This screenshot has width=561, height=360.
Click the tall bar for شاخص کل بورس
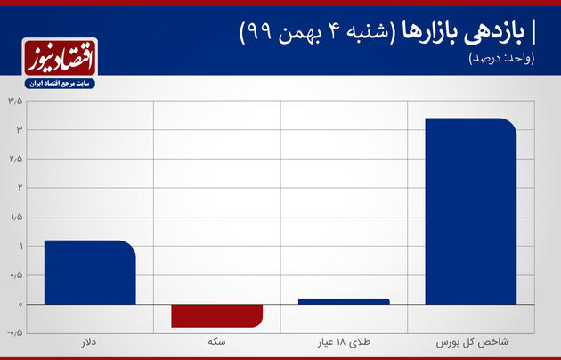tap(471, 211)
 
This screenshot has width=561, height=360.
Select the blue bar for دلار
tap(90, 273)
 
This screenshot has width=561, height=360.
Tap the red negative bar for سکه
tap(216, 316)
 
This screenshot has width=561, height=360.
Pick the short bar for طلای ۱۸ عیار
tap(344, 301)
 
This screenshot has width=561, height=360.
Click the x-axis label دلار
tap(89, 342)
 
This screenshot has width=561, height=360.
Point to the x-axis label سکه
tap(216, 342)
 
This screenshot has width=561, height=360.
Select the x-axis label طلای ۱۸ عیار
tap(344, 342)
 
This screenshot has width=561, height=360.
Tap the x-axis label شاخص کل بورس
tap(472, 342)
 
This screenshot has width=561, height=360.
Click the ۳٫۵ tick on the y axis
tap(15, 102)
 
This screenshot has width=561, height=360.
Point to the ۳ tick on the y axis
tap(19, 130)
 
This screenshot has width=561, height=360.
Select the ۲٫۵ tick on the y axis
tap(15, 160)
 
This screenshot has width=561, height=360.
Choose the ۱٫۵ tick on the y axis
tap(16, 217)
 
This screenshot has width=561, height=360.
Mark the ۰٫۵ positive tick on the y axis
tap(16, 275)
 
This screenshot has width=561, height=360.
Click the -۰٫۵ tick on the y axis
tap(14, 332)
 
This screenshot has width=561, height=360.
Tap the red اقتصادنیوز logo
tap(60, 58)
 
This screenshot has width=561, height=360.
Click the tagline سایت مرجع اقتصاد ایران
tap(60, 84)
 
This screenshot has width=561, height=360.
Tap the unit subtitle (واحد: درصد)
tap(501, 58)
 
